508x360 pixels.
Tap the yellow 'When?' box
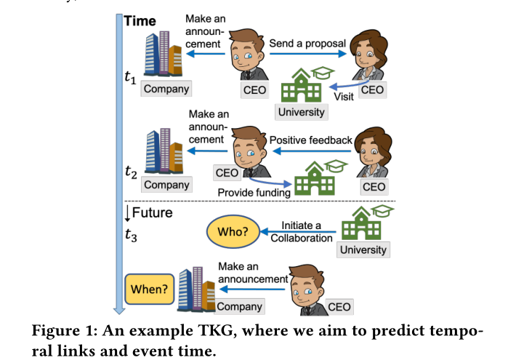click(149, 289)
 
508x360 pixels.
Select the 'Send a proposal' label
click(307, 43)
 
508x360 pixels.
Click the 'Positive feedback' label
click(311, 140)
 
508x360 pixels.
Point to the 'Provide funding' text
click(253, 191)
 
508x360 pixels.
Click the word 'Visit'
click(343, 96)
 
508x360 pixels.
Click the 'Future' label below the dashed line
click(153, 213)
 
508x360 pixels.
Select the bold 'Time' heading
click(140, 21)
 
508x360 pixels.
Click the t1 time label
click(130, 76)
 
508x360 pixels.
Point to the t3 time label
click(130, 235)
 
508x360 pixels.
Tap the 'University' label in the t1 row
click(302, 112)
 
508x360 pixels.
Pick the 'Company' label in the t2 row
click(166, 185)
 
